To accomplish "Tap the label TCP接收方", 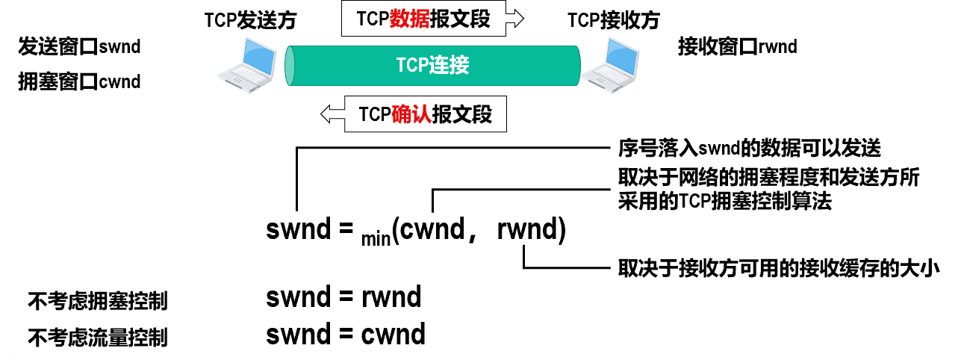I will tap(613, 20).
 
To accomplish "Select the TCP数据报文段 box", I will tap(423, 19).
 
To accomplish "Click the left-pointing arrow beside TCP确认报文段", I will tap(332, 115).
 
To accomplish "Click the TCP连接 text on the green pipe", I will tap(432, 66).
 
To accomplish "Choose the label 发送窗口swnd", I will tap(80, 48).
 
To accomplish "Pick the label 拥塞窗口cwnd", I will tap(80, 81).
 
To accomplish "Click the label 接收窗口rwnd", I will tap(738, 48).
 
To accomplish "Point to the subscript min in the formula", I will tap(376, 239).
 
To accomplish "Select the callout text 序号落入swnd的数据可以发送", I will tap(750, 149).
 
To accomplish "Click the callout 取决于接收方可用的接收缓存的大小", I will tap(777, 267).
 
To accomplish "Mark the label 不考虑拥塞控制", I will tap(97, 302).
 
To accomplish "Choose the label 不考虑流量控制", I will tap(97, 338).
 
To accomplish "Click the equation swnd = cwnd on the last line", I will tap(346, 334).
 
